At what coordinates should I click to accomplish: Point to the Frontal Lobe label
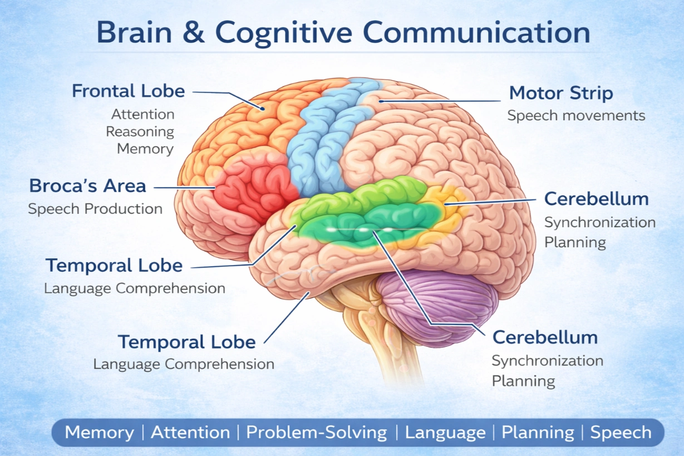pos(128,91)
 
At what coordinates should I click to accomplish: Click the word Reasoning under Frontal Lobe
pos(140,132)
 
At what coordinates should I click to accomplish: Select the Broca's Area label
pos(87,186)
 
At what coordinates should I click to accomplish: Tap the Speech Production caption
pos(95,209)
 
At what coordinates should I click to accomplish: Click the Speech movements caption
pos(576,116)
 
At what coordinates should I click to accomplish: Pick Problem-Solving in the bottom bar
pos(317,433)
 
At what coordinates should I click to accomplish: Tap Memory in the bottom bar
pos(99,433)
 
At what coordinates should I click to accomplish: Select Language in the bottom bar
pos(445,433)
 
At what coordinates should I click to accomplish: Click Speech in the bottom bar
pos(621,433)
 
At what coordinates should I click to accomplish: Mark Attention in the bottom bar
pos(190,433)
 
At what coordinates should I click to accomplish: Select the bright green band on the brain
pos(367,212)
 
